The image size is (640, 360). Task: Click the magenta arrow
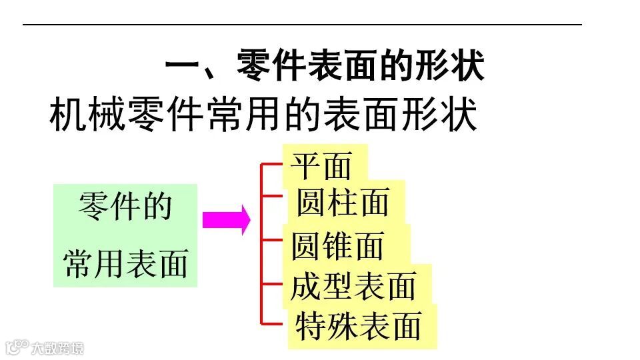(226, 219)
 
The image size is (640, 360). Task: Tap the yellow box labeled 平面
(325, 164)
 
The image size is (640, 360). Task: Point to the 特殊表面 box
(361, 327)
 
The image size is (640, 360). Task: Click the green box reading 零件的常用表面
(125, 235)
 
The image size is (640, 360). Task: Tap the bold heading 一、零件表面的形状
(324, 67)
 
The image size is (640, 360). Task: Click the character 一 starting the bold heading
(181, 67)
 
